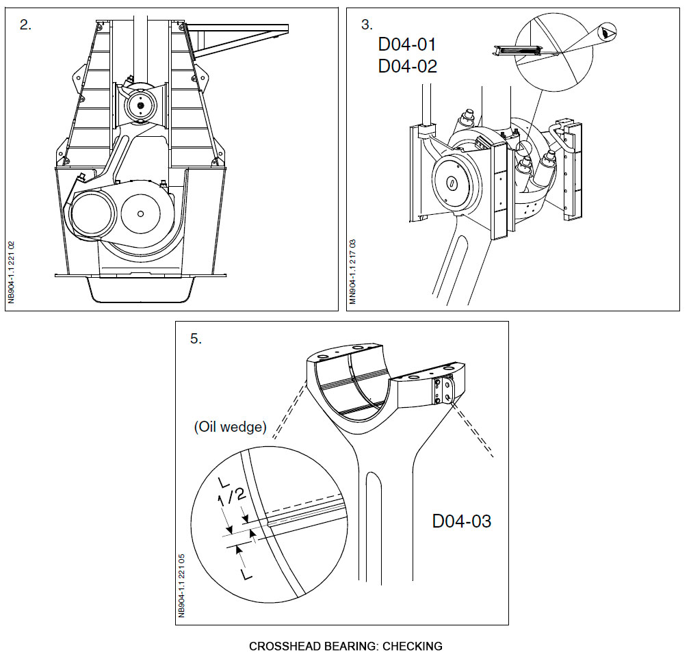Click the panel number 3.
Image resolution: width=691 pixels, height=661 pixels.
tap(367, 25)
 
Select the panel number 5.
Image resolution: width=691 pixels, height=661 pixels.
tap(196, 339)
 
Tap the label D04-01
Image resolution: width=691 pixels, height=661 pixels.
tap(407, 45)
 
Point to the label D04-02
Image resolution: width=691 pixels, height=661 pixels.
tap(407, 66)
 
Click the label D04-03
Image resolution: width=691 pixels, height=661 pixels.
tap(461, 521)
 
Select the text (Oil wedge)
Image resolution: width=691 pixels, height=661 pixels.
tap(229, 427)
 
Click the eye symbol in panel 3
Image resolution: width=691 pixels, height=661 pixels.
tap(608, 29)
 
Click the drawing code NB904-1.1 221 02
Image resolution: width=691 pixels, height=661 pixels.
tap(12, 272)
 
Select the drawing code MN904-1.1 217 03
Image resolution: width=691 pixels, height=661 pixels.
tap(354, 272)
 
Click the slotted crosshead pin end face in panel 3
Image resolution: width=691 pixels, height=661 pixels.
tap(452, 183)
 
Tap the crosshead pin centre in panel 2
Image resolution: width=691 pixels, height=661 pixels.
tap(140, 105)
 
